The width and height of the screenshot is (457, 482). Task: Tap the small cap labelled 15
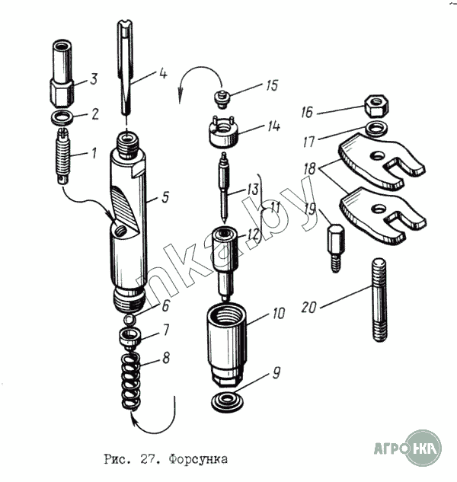coord(223,97)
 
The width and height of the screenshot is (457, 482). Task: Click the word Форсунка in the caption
coord(194,459)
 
